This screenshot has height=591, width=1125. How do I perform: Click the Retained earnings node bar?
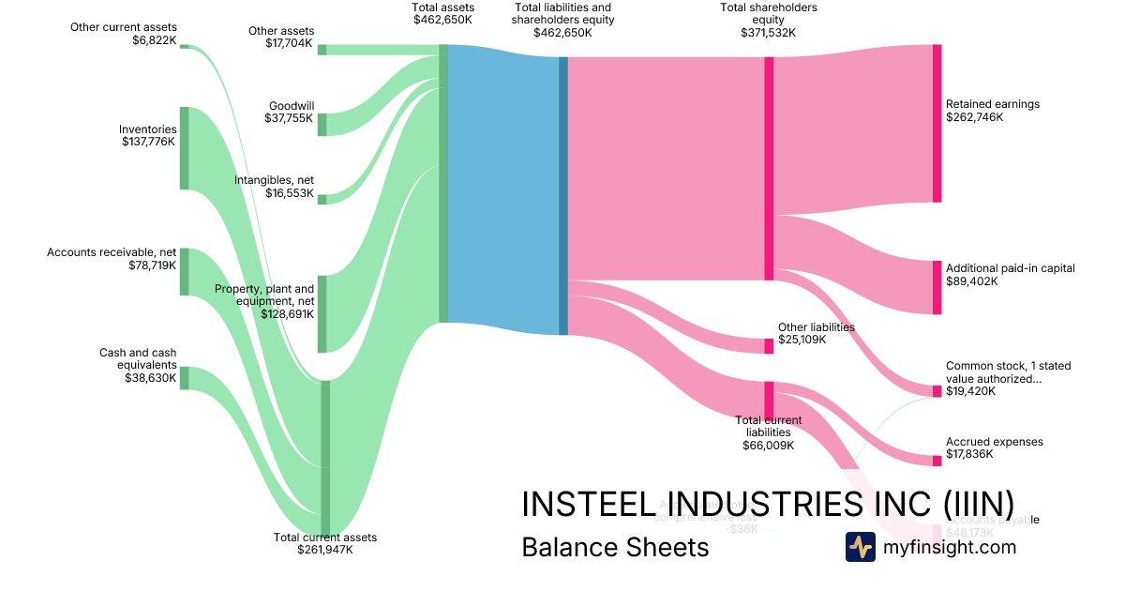coord(937,123)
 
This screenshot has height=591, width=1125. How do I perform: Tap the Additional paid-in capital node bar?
coord(937,287)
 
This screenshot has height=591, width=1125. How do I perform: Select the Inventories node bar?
coord(185,148)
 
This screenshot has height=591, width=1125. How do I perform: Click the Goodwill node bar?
coord(322,125)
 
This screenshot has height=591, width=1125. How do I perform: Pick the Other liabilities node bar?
coord(769,345)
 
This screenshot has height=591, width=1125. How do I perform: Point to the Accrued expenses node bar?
coord(937,461)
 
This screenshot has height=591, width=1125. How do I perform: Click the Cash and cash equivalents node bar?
coord(185,378)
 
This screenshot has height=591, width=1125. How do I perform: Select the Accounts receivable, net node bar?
coord(185,272)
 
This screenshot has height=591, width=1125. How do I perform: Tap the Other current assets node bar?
coord(185,46)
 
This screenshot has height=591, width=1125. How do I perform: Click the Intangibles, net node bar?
coord(322,199)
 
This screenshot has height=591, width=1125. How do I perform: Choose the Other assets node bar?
coord(322,50)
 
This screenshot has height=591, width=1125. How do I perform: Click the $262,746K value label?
coord(974,117)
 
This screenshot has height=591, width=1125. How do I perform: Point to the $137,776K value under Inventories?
coord(149,142)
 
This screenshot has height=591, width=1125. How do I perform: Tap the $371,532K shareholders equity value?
coord(768,32)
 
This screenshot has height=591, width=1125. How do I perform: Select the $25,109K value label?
coord(802,340)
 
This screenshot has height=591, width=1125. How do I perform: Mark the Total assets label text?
coord(443,7)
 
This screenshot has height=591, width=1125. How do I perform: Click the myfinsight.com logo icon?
coord(861,547)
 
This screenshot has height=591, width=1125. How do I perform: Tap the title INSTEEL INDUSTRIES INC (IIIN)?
coord(767,504)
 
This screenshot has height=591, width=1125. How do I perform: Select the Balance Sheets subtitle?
coord(615,547)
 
